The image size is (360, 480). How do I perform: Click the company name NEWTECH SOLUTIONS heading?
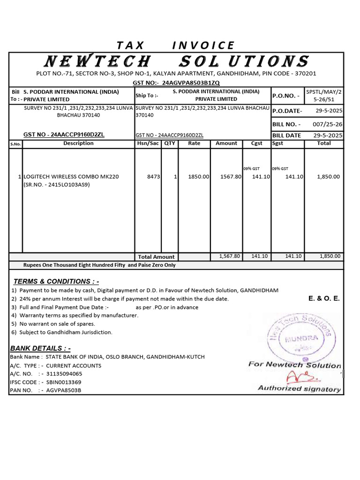point(176,61)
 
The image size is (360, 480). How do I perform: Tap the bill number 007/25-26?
point(328,124)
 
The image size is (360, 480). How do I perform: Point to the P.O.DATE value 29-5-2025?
point(328,110)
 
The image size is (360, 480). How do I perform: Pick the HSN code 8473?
point(154,177)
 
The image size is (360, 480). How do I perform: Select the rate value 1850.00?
point(198,177)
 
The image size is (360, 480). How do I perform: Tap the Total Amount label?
point(156,257)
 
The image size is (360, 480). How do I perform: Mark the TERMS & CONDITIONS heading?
point(56,281)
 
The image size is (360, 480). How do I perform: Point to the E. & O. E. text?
point(324,298)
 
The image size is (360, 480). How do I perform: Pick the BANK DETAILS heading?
point(40,348)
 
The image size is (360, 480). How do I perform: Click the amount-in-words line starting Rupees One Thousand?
point(99,265)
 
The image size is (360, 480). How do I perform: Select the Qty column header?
point(169,143)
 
